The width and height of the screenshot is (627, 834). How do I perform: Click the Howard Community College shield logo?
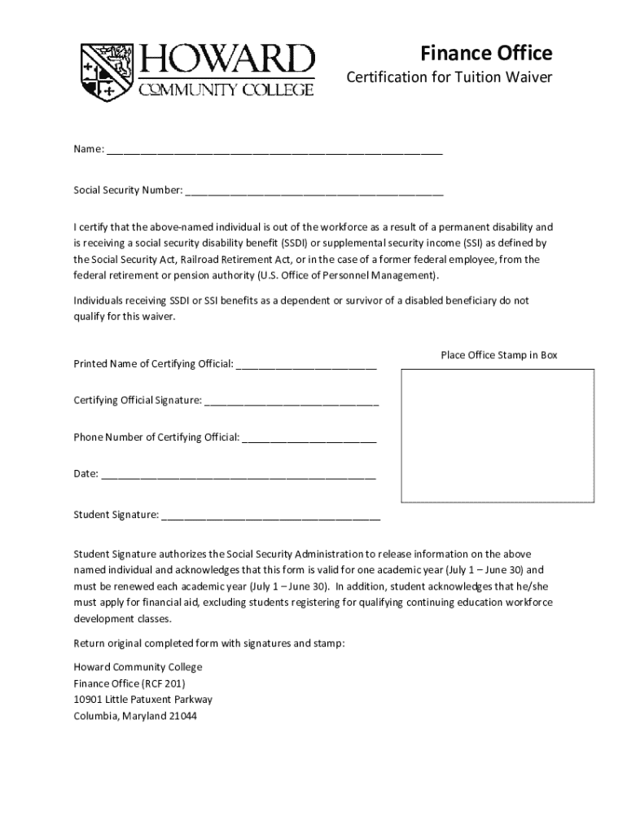(107, 71)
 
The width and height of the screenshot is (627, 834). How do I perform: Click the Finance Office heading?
(486, 54)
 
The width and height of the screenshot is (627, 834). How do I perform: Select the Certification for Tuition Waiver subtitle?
(449, 78)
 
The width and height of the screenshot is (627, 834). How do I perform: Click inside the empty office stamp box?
(498, 436)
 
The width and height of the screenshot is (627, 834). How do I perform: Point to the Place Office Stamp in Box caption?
(498, 355)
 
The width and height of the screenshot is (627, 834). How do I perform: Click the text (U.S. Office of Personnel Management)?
(348, 275)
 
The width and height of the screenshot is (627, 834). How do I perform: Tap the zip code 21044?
(182, 717)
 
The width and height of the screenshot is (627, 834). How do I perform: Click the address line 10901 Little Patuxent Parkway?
(142, 700)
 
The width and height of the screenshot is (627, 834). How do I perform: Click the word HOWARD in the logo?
(228, 59)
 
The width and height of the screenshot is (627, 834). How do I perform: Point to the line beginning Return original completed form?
(209, 643)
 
